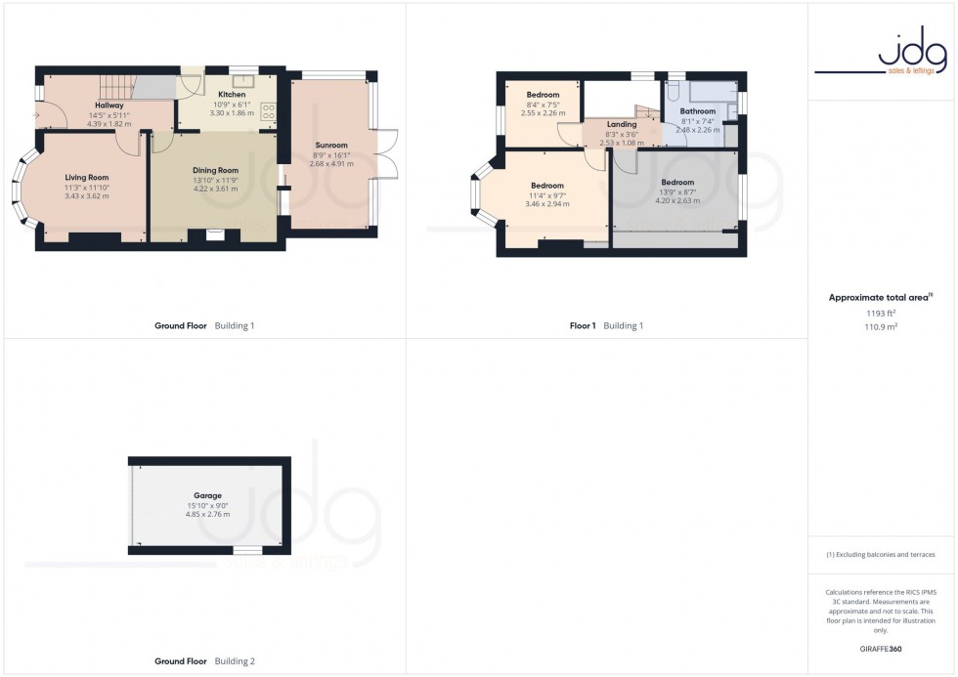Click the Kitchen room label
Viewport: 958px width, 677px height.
(x=232, y=95)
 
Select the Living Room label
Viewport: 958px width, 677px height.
(x=87, y=178)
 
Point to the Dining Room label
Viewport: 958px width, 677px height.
(x=215, y=170)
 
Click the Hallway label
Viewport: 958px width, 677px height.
(x=109, y=106)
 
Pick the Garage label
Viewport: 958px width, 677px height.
(x=207, y=495)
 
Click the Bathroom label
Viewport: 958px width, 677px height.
(x=697, y=111)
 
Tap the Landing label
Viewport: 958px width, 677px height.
(x=622, y=125)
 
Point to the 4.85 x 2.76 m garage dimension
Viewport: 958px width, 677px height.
(x=207, y=514)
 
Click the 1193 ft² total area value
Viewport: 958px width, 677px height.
(x=881, y=313)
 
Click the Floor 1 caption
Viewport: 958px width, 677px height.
(x=583, y=325)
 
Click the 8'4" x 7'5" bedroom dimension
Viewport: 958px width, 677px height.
(x=543, y=104)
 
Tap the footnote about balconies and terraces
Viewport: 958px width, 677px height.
(x=881, y=555)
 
